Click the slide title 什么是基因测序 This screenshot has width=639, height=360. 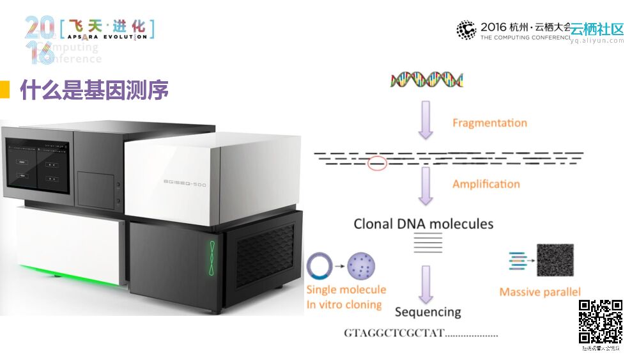click(95, 91)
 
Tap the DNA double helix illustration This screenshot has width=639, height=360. click(426, 79)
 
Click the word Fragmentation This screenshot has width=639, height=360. click(489, 123)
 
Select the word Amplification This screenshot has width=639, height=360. click(486, 184)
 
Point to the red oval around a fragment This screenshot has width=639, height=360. click(378, 164)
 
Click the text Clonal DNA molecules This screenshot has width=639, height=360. click(424, 224)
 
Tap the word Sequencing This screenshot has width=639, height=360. click(427, 312)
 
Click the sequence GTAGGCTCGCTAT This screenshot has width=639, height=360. click(394, 334)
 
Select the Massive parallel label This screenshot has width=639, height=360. click(540, 292)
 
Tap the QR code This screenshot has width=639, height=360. click(601, 322)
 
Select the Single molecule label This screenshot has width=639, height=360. click(346, 290)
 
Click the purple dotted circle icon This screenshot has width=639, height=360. click(361, 265)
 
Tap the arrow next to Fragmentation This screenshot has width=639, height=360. click(426, 120)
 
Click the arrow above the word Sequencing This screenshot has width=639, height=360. click(426, 284)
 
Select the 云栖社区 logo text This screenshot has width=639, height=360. click(596, 29)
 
